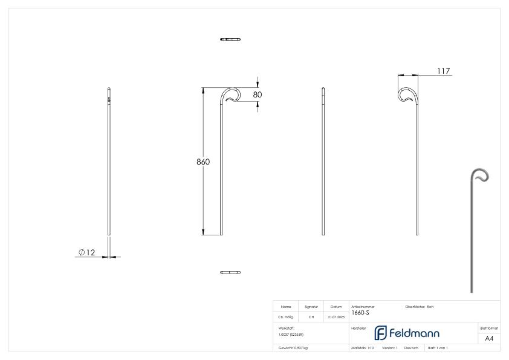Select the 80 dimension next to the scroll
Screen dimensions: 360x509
pyautogui.click(x=258, y=94)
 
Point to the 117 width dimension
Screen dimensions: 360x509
pyautogui.click(x=443, y=71)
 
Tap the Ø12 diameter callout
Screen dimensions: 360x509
pyautogui.click(x=87, y=252)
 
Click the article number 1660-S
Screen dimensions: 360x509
pyautogui.click(x=360, y=312)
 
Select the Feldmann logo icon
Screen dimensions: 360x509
pyautogui.click(x=380, y=333)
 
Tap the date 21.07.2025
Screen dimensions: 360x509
pyautogui.click(x=336, y=316)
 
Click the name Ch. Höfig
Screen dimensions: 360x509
pyautogui.click(x=286, y=316)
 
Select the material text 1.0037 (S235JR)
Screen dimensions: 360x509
pyautogui.click(x=291, y=334)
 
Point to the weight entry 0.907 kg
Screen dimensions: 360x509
pyautogui.click(x=293, y=348)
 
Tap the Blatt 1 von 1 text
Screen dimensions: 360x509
pyautogui.click(x=438, y=348)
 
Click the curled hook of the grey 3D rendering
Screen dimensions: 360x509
pyautogui.click(x=481, y=176)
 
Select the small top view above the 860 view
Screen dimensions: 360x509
pyautogui.click(x=230, y=39)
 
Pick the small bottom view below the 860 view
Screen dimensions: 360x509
pyautogui.click(x=230, y=272)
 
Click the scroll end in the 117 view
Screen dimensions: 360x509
pyautogui.click(x=407, y=96)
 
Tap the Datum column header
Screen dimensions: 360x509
pyautogui.click(x=336, y=307)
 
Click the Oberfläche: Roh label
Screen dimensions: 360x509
pyautogui.click(x=420, y=307)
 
